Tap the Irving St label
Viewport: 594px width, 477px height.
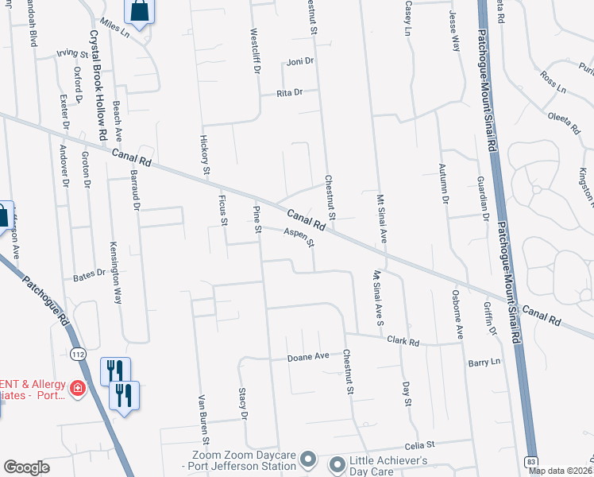[x=71, y=54]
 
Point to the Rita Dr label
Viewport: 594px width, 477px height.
[x=290, y=93]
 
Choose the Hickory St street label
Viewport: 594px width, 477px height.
[x=204, y=154]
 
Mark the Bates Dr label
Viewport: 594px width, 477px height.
[x=89, y=275]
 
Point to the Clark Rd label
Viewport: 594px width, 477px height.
[x=403, y=342]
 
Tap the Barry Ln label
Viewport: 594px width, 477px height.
[x=484, y=361]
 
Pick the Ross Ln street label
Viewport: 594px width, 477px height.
[x=552, y=82]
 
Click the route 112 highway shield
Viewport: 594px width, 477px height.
[x=77, y=352]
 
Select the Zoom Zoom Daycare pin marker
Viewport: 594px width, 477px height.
[x=310, y=460]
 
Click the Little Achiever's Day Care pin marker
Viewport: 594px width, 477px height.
[x=336, y=463]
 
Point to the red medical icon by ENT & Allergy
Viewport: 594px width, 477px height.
[x=78, y=389]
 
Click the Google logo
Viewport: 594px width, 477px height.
[x=26, y=467]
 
